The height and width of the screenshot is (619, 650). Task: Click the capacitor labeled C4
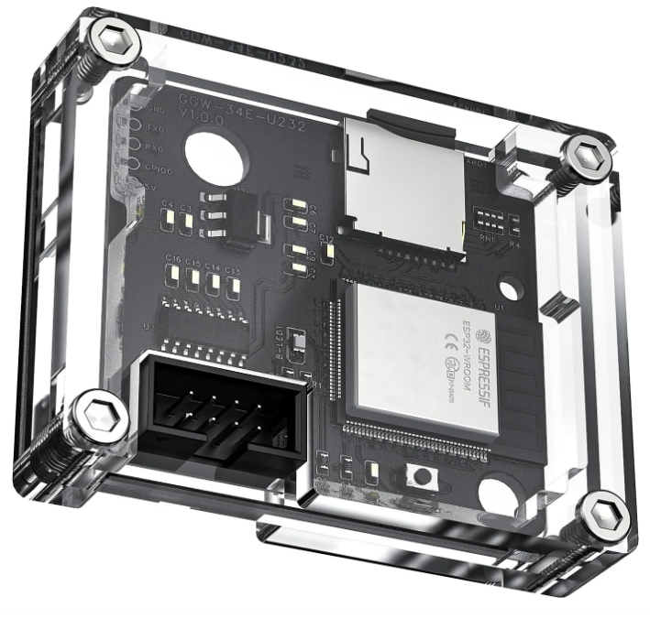pos(168,218)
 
